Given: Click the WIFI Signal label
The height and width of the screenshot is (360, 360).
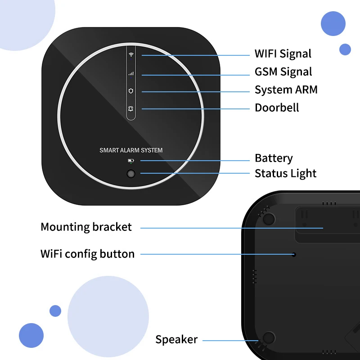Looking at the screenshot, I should [x=283, y=54].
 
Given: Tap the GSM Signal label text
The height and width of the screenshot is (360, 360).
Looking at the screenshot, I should [x=283, y=72].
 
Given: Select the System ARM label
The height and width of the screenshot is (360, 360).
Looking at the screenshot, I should [x=286, y=90].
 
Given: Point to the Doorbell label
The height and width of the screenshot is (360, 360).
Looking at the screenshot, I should [x=277, y=108].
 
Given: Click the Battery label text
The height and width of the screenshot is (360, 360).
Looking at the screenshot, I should [x=274, y=158].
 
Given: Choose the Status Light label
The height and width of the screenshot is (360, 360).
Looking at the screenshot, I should [x=285, y=174].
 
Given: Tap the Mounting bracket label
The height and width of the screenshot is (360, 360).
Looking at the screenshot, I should [x=86, y=227].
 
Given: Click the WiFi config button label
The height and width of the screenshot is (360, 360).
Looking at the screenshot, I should [x=87, y=254].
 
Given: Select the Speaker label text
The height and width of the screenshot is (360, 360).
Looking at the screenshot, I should [x=176, y=340].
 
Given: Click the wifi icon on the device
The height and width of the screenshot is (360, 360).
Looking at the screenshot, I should [x=131, y=55].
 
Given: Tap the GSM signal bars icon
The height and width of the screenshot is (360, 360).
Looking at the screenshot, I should [x=131, y=73].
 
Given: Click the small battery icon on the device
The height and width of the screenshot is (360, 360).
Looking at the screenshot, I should [x=131, y=161].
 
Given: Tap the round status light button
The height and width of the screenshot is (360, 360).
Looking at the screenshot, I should [x=131, y=174].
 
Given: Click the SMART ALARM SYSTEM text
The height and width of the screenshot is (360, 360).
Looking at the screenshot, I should [x=131, y=150].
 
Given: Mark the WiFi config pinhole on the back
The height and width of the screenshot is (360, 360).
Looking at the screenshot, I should [x=293, y=254].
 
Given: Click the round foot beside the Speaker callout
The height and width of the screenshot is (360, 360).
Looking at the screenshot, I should [x=269, y=338].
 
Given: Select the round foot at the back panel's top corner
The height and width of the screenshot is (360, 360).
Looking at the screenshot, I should [x=269, y=219].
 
